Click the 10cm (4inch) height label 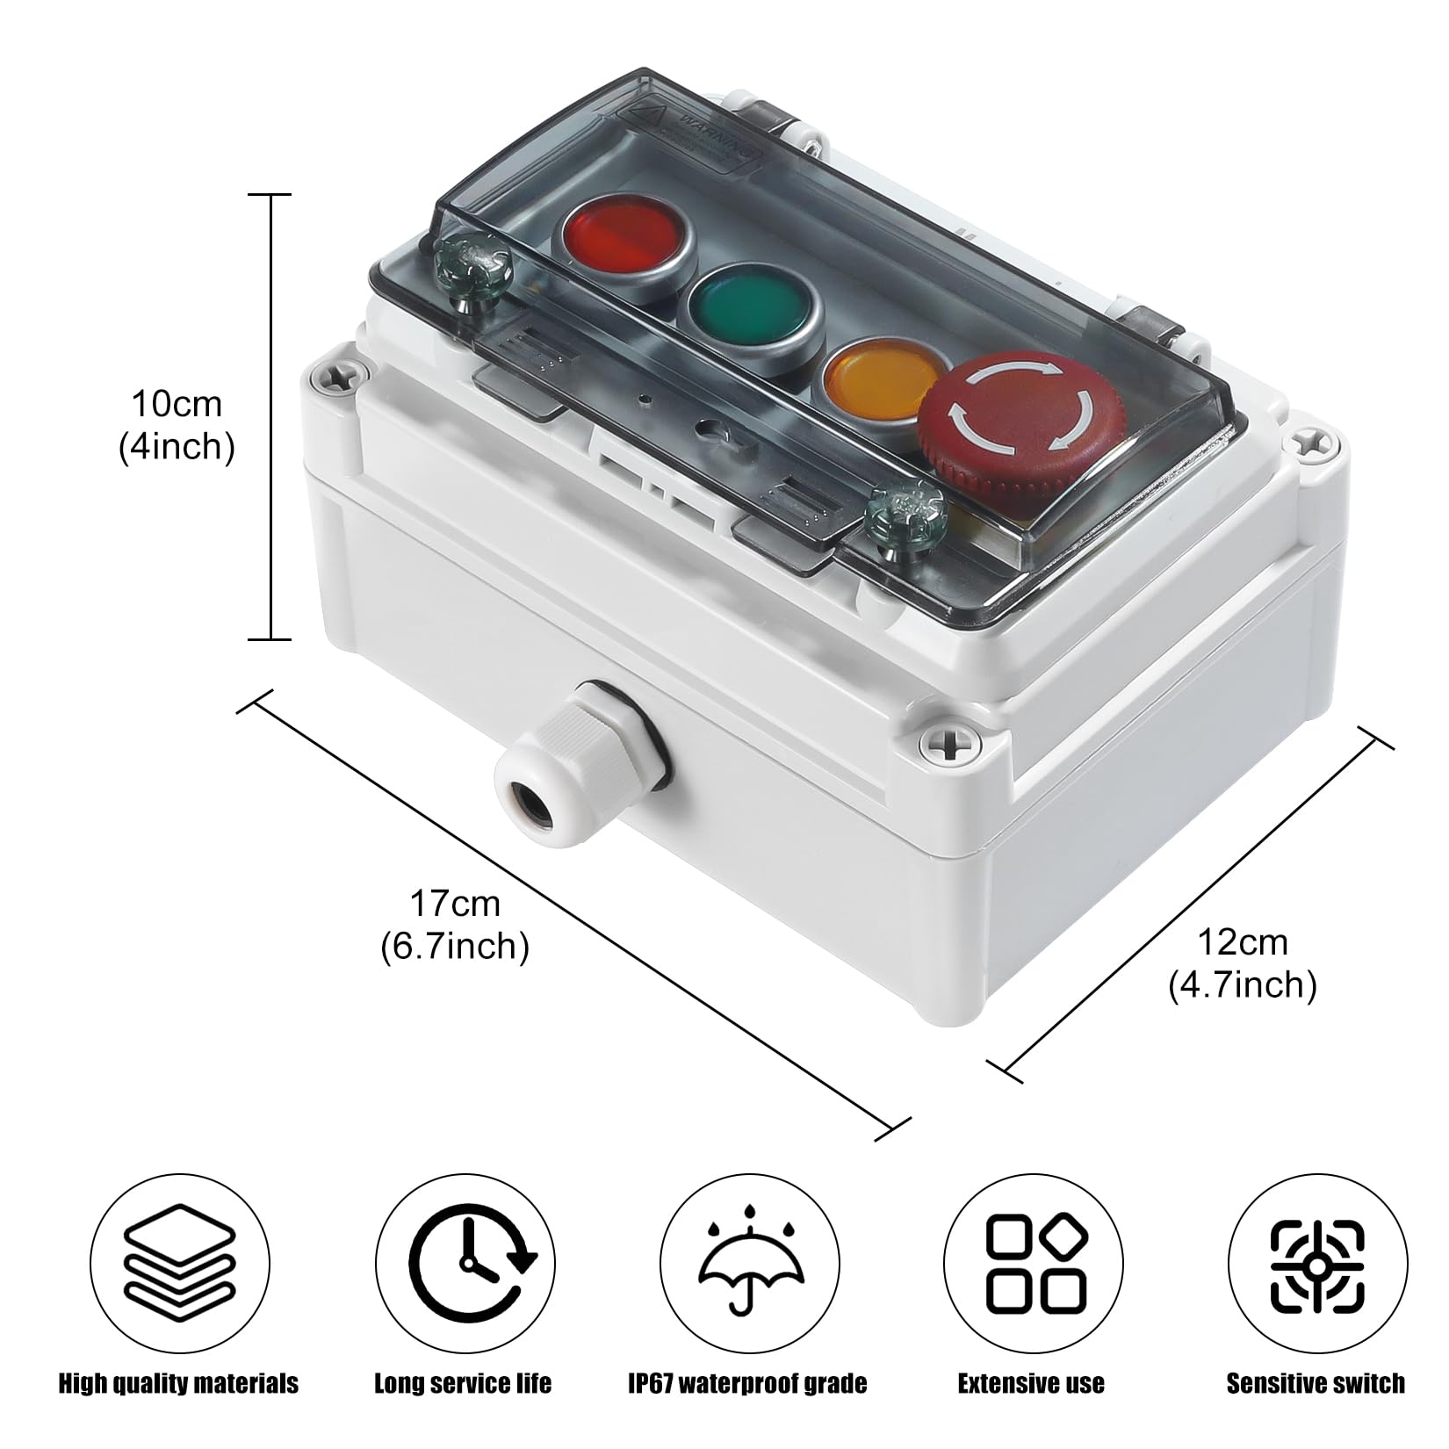[177, 426]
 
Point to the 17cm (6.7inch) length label [455, 925]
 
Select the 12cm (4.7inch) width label [1242, 963]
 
